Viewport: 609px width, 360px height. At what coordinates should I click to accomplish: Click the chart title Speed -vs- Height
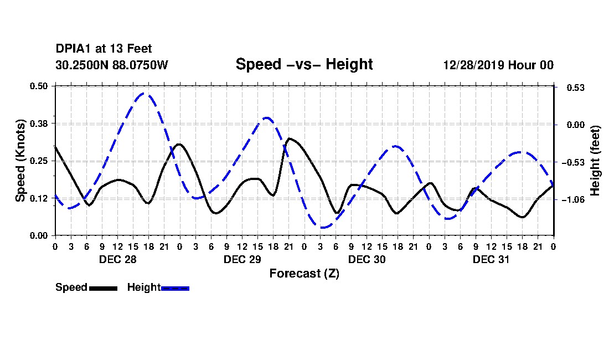[x=304, y=64]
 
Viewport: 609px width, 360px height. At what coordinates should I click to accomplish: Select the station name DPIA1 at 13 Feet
[x=104, y=49]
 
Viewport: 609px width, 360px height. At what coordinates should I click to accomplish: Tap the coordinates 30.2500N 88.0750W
[x=111, y=65]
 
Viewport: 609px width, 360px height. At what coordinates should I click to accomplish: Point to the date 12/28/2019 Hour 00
[x=498, y=65]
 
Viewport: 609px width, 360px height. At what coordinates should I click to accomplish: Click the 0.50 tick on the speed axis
[x=38, y=86]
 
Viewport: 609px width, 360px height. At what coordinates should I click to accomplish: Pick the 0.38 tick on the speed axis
[x=38, y=124]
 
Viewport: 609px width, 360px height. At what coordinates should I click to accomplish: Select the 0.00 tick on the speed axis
[x=38, y=236]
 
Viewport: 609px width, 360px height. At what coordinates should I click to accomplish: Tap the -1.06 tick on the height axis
[x=573, y=199]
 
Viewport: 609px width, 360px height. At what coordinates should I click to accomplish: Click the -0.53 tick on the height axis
[x=573, y=162]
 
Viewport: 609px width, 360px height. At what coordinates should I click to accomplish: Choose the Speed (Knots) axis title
[x=20, y=161]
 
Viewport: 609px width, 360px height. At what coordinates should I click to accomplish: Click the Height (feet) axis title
[x=595, y=161]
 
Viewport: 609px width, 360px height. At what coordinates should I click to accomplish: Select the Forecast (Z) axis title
[x=304, y=274]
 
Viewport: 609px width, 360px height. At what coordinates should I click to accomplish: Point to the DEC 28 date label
[x=118, y=259]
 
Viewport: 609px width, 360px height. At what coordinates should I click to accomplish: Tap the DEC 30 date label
[x=367, y=259]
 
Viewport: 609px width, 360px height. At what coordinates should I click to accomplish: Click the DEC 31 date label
[x=491, y=259]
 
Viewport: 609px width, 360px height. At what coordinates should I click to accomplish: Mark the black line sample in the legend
[x=103, y=288]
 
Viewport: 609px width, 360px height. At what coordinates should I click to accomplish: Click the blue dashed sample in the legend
[x=175, y=288]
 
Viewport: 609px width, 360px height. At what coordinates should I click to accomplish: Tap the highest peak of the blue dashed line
[x=144, y=94]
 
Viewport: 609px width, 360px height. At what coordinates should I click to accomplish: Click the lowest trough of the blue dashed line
[x=323, y=227]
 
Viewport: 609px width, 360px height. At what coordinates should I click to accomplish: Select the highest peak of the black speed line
[x=290, y=138]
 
